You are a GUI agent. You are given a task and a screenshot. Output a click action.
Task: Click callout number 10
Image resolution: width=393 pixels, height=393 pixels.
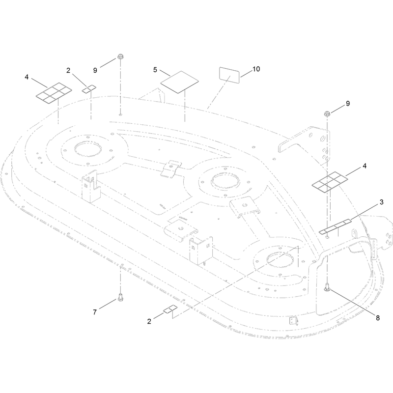[x=256, y=69]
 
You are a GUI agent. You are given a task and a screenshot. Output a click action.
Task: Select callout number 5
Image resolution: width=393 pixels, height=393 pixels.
[x=155, y=70]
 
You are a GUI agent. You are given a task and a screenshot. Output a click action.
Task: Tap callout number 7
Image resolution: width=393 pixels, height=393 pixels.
[x=95, y=312]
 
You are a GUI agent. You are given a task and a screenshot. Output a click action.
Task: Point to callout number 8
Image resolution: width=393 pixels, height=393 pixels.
[x=378, y=318]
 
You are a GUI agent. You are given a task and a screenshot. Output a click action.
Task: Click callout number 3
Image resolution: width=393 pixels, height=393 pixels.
[x=382, y=202]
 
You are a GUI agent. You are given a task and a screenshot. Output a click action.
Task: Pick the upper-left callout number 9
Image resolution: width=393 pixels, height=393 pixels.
[x=95, y=70]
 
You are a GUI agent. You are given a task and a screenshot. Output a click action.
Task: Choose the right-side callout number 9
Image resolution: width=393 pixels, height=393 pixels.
[x=348, y=104]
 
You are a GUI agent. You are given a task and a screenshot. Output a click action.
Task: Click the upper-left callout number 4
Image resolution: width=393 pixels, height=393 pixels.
[x=27, y=77]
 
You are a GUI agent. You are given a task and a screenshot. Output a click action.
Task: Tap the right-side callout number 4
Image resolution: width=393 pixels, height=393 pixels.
[x=365, y=166]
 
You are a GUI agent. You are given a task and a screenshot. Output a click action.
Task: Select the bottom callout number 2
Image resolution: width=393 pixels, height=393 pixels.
[x=149, y=321]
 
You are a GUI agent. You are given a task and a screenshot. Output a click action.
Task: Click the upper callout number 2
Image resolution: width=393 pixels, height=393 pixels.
[x=68, y=70]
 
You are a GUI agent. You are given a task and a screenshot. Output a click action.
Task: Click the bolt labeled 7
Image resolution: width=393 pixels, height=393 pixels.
[x=120, y=297]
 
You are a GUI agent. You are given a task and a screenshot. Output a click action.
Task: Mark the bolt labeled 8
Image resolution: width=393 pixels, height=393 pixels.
[x=327, y=287]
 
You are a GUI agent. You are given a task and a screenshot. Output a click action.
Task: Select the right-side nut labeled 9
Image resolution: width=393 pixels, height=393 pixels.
[x=327, y=113]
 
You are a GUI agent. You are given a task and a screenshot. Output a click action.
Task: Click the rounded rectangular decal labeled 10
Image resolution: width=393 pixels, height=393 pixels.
[x=229, y=75]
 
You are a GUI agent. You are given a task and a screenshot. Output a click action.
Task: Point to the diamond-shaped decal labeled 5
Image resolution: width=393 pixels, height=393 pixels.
[x=179, y=82]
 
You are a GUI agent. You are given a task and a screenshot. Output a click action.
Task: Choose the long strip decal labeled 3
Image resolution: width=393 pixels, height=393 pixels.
[x=336, y=226]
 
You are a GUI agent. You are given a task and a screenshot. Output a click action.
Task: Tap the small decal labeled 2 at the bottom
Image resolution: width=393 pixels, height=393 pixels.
[x=170, y=309]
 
